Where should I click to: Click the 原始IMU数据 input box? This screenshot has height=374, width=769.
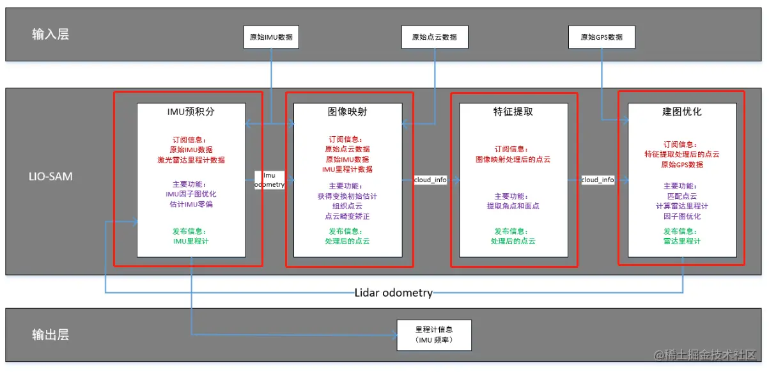click(271, 37)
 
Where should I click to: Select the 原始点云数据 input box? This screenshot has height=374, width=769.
click(435, 37)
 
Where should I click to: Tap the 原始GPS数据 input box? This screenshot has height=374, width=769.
click(601, 37)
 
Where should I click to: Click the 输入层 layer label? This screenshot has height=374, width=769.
click(50, 35)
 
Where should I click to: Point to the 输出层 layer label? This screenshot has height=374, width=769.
click(50, 335)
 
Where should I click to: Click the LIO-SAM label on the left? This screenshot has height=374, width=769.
click(52, 176)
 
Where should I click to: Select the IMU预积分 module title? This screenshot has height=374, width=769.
click(191, 112)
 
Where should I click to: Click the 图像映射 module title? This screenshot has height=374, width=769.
click(347, 112)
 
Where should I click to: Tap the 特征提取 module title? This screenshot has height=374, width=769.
click(513, 112)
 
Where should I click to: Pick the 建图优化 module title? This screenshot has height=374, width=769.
click(681, 112)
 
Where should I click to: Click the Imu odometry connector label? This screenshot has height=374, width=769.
click(269, 180)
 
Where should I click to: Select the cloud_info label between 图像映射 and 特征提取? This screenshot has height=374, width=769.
click(430, 180)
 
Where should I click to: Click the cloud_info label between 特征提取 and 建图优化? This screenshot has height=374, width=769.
click(598, 180)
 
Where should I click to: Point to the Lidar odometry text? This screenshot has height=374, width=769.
click(393, 293)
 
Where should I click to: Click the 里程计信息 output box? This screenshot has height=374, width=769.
click(434, 335)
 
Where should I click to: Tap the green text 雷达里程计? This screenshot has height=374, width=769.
click(681, 241)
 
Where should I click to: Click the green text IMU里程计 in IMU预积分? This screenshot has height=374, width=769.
click(191, 241)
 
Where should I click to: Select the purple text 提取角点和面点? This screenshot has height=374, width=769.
click(513, 206)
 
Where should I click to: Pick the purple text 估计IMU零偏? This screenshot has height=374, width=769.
click(191, 205)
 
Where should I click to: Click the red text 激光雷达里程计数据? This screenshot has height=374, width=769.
click(191, 160)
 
